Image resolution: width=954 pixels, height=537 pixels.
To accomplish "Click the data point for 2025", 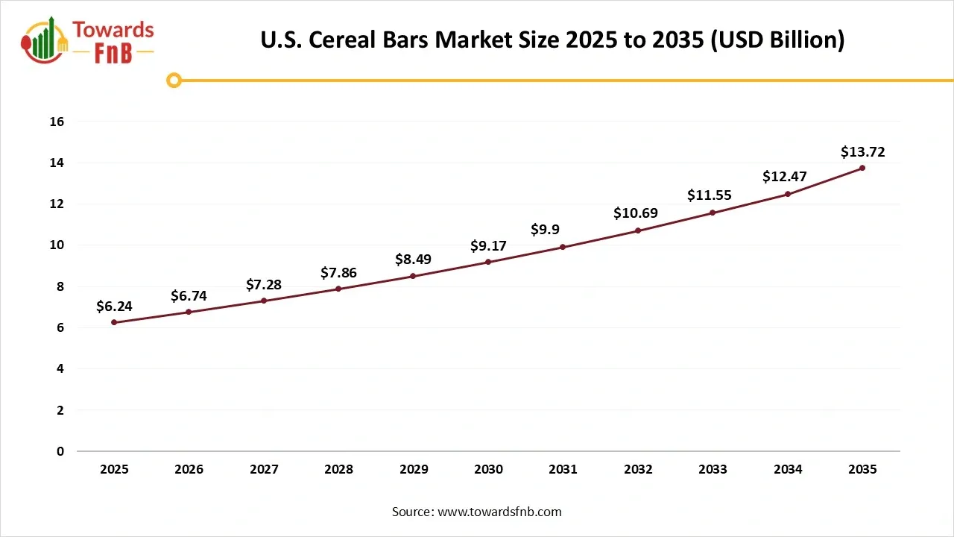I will coord(114,322).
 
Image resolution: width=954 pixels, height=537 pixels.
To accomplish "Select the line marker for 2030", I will coord(488,262).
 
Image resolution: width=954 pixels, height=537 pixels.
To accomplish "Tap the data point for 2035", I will coord(862,168).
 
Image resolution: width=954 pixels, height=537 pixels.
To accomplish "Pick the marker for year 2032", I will coord(638,230).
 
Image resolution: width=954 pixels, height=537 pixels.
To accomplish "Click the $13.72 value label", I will coord(862,152).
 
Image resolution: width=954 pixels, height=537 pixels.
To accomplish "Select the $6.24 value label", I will coord(114,307).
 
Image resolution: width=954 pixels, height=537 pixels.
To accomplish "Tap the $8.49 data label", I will coord(413,260).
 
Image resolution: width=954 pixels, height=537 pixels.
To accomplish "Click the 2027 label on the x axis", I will coord(264,469).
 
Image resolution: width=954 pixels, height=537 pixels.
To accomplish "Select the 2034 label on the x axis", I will coord(788,469).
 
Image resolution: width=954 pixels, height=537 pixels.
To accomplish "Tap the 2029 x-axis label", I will coord(413,469).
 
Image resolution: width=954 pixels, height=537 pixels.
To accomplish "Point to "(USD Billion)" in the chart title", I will coord(776,40).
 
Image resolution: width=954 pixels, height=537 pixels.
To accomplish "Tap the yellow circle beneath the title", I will coord(174,80).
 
